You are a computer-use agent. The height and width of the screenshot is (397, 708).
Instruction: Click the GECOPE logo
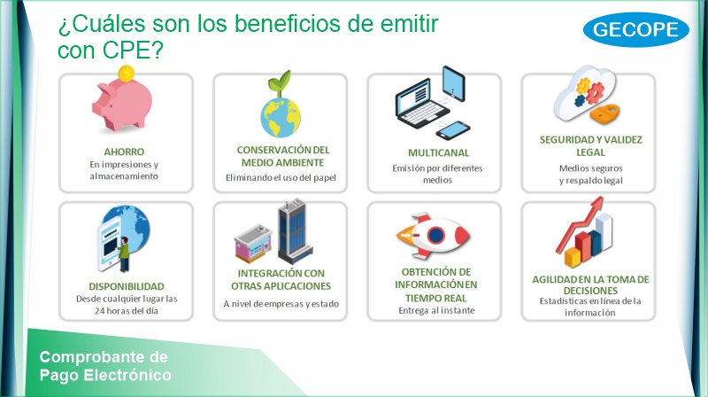tap(635, 29)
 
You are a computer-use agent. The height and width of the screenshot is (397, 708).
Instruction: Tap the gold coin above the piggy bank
tap(126, 73)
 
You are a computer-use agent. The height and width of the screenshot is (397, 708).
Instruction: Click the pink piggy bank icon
tap(122, 104)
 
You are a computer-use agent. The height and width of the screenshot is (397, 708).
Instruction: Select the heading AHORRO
tap(124, 152)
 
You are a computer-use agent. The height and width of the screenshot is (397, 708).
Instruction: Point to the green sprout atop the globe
tap(280, 82)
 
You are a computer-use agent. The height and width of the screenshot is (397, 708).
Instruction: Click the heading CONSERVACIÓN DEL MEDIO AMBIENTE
tap(283, 156)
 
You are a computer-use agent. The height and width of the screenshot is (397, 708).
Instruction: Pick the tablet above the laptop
tap(454, 84)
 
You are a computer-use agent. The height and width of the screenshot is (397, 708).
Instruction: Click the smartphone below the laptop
tap(453, 130)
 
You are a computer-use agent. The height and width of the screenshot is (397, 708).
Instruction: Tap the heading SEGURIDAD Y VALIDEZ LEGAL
tap(590, 145)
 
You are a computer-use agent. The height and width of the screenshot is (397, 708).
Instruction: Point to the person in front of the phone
tap(123, 254)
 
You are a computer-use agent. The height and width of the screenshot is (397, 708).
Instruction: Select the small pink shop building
tap(254, 243)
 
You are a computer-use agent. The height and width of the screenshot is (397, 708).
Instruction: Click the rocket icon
tap(433, 235)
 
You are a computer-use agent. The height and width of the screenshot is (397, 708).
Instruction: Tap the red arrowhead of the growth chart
tap(596, 203)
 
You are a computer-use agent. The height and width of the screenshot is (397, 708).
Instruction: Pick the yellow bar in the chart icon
tap(573, 257)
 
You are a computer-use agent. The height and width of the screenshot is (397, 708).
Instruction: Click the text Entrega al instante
tap(436, 310)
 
